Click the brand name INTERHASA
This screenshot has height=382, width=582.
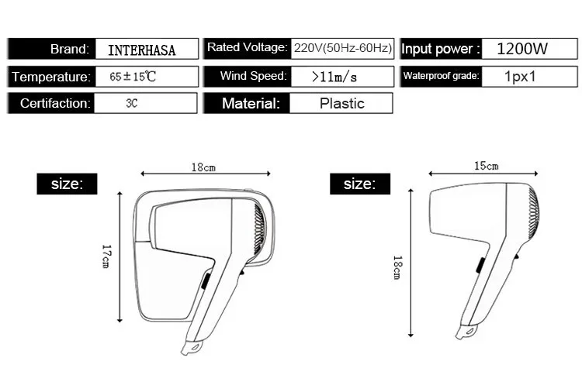tap(141, 50)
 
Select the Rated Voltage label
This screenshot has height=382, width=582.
tap(247, 47)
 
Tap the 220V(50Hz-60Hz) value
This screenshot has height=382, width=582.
tap(342, 48)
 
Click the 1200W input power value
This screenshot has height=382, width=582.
tap(522, 49)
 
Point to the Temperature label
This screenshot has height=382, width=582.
tap(51, 77)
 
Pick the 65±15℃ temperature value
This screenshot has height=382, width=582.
tap(133, 77)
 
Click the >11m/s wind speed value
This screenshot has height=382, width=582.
tap(334, 77)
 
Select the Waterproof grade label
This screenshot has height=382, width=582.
tap(441, 76)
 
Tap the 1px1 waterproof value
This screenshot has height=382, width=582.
tap(520, 77)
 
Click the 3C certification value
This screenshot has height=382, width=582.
tap(132, 103)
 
